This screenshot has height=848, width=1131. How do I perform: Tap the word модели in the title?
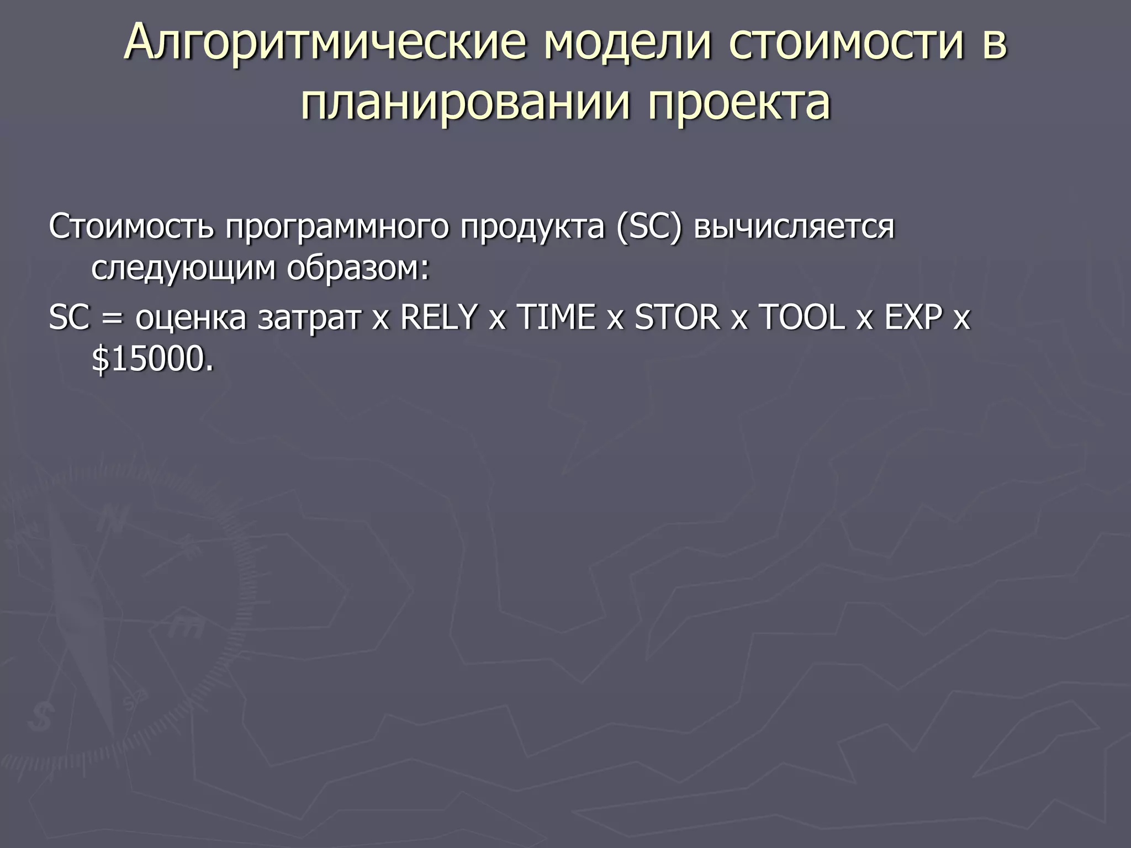point(627,43)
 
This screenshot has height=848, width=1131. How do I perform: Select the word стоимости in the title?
point(846,43)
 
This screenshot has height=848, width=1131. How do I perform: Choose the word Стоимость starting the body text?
point(131,226)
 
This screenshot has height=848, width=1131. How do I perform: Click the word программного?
point(337,226)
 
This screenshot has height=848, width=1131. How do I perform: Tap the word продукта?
point(533,226)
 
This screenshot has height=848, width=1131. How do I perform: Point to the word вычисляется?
point(794,226)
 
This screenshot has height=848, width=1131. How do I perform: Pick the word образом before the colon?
point(352,269)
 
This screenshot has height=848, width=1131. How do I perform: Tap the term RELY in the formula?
point(438,317)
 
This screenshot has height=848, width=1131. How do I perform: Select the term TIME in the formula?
point(556,317)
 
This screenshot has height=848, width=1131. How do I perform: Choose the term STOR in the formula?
point(677,317)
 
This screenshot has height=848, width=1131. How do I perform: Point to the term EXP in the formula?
point(913,317)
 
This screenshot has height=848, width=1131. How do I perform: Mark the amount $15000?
point(152,360)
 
